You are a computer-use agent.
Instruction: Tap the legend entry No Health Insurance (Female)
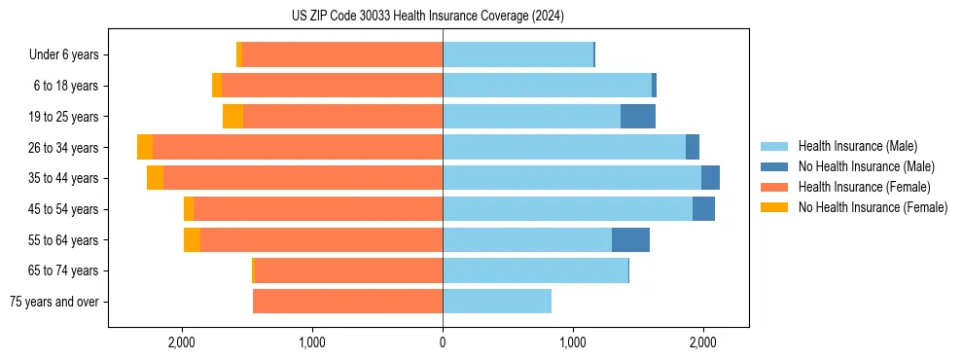tap(873, 207)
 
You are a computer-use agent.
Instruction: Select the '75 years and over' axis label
tap(53, 302)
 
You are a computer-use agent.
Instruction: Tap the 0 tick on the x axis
tap(443, 342)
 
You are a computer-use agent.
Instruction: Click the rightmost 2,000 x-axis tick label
tap(703, 342)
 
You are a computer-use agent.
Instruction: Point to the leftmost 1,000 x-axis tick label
tap(312, 342)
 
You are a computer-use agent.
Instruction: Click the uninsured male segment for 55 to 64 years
tap(630, 239)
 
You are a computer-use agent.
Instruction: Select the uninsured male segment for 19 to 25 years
tap(637, 116)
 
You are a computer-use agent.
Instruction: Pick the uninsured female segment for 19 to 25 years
tap(232, 116)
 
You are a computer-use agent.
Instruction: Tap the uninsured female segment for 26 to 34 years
tap(145, 147)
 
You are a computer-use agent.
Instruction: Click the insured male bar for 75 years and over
tap(497, 302)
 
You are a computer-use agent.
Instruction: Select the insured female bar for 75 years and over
tap(347, 302)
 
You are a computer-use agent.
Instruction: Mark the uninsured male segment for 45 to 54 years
tap(703, 208)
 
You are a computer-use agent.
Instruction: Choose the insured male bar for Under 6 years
tap(517, 54)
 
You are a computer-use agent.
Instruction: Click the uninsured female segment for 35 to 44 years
tap(155, 178)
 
